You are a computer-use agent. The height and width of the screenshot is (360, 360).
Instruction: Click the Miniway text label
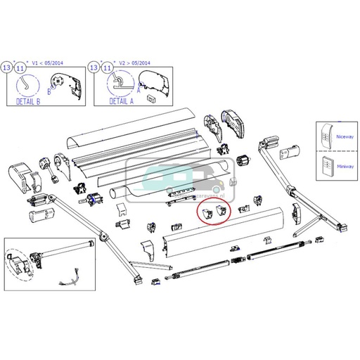click(345, 167)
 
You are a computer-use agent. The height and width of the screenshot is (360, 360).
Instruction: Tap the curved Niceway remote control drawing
click(324, 138)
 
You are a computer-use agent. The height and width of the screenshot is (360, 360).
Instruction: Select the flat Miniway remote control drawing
click(324, 167)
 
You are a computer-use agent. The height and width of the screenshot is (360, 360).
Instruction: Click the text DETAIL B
click(28, 101)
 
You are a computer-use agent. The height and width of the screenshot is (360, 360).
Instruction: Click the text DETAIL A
click(122, 101)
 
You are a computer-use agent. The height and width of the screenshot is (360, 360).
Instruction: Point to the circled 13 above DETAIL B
click(7, 67)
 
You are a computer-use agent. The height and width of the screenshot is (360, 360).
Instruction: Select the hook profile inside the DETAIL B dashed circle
click(26, 84)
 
